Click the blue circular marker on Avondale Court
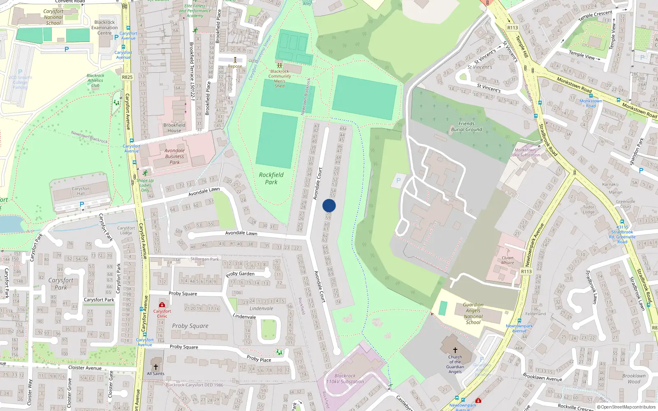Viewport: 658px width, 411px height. (329, 205)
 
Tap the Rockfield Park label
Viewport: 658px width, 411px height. (271, 178)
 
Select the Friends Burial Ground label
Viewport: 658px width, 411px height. (466, 127)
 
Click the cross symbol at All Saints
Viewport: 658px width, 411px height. (156, 367)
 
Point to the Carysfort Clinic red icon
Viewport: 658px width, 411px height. (162, 305)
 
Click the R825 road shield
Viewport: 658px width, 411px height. (127, 77)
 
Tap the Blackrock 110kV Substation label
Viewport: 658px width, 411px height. (345, 379)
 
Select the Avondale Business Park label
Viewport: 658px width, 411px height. (175, 156)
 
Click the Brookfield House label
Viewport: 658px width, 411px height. (174, 127)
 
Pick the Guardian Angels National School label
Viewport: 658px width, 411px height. (473, 314)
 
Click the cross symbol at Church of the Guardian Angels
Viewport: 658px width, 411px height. (455, 350)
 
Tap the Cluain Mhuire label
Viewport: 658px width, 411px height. (507, 260)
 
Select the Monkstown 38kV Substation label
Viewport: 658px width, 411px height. (525, 152)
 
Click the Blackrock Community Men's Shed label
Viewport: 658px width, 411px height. (280, 79)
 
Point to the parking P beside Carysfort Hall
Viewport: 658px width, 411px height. (82, 204)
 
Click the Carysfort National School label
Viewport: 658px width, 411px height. (53, 17)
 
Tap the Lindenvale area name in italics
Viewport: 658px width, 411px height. (261, 308)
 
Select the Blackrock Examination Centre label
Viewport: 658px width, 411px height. (104, 28)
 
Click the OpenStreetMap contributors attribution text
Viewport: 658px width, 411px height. (626, 407)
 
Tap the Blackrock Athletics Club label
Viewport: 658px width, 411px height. (95, 81)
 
